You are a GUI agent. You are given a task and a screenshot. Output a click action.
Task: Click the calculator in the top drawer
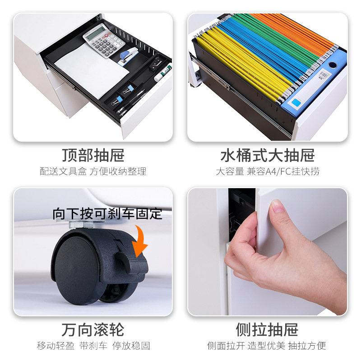(104, 40)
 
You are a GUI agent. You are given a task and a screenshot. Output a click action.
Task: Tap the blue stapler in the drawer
(127, 57)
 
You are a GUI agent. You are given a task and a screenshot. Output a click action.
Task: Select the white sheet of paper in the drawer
(92, 70)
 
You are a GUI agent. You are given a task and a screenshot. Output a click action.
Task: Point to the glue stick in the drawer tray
(163, 73)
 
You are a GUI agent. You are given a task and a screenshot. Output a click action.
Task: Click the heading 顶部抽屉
(93, 155)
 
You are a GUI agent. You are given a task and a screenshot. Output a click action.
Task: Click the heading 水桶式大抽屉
(268, 155)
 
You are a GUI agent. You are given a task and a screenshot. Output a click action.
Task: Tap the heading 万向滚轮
(93, 330)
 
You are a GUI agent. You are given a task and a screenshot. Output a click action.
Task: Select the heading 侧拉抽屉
(267, 330)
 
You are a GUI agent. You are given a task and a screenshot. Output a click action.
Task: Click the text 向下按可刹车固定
(107, 213)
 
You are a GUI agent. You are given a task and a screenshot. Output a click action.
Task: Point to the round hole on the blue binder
(333, 65)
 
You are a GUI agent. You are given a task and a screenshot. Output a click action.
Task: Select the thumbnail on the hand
(278, 206)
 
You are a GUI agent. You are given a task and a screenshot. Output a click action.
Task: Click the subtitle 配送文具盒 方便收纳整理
(93, 171)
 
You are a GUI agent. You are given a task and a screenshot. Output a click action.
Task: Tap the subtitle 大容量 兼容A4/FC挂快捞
(268, 171)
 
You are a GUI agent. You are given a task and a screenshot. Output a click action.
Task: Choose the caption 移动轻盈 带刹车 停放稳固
(93, 346)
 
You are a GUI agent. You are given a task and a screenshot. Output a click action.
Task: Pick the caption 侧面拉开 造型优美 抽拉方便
(267, 346)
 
